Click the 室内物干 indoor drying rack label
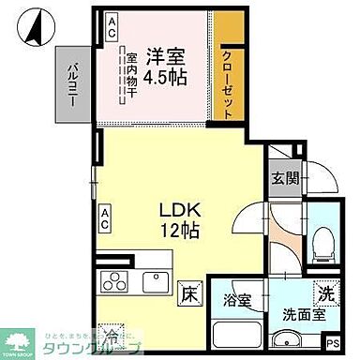point(132,76)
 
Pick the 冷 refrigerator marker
point(112,331)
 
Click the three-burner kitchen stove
point(114,281)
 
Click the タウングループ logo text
point(97,348)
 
